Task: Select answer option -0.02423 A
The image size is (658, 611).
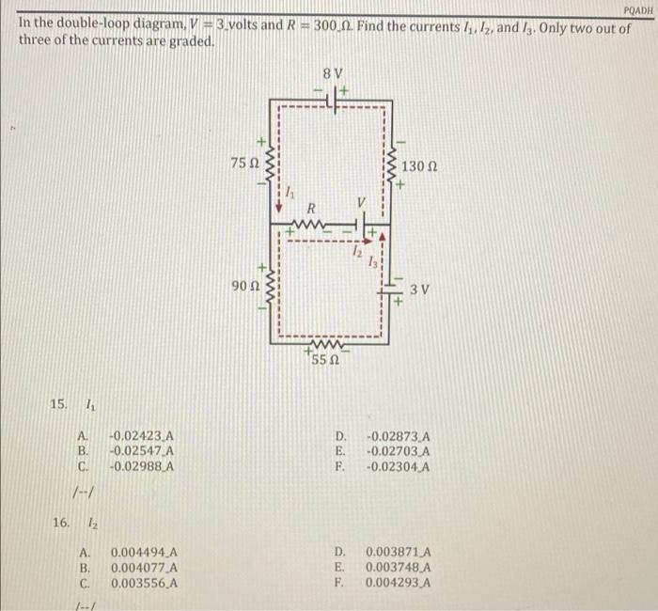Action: click(142, 436)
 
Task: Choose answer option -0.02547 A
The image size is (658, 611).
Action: click(142, 451)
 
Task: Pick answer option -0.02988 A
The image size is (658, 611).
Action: click(142, 466)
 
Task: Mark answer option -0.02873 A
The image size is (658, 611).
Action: click(398, 436)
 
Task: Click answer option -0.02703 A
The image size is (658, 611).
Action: click(398, 451)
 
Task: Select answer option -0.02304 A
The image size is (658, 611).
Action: click(398, 466)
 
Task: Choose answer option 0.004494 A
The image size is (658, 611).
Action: click(145, 553)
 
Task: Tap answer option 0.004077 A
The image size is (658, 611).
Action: click(145, 568)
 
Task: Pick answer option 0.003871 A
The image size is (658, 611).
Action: click(399, 553)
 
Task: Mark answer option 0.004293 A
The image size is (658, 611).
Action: click(399, 583)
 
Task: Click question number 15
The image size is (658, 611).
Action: click(58, 404)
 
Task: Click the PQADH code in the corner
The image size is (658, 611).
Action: click(636, 8)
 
